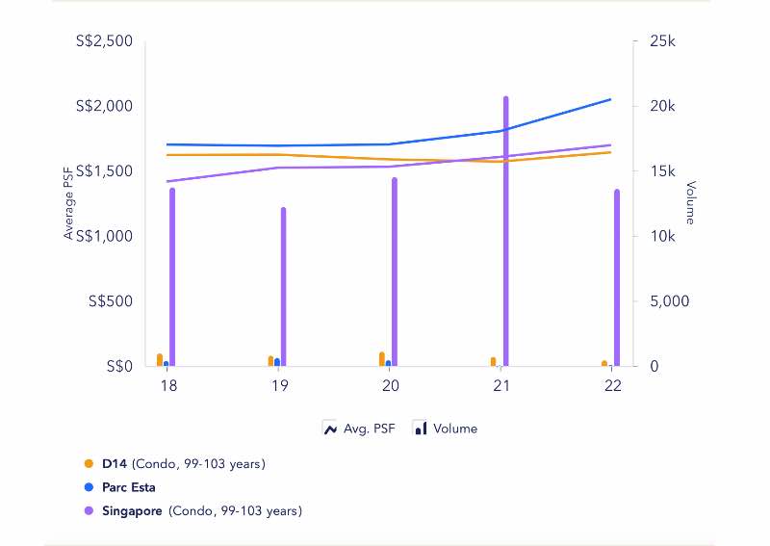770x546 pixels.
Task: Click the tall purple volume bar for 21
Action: coord(505,231)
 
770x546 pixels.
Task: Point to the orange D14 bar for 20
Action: coord(382,359)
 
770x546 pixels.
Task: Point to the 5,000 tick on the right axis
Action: coord(664,301)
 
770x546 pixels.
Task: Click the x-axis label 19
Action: coord(279,385)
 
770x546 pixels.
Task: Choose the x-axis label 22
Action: coord(612,385)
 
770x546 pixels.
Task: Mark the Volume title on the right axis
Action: coord(689,202)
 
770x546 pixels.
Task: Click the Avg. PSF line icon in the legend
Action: coord(330,429)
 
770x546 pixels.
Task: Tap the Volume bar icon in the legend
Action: coord(420,429)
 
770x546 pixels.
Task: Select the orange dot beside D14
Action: coord(90,464)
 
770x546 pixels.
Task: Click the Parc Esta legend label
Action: coord(128,487)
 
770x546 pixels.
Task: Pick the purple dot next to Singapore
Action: coord(90,511)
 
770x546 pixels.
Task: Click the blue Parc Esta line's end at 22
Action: coord(611,99)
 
